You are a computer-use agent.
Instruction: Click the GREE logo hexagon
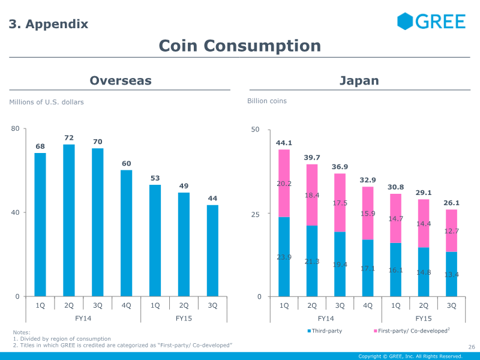click(x=405, y=21)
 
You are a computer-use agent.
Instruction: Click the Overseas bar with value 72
click(x=69, y=220)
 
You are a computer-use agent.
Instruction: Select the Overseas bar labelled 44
click(x=212, y=251)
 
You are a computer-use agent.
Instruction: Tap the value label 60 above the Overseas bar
click(x=127, y=163)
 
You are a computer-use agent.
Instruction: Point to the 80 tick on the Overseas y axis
click(x=15, y=128)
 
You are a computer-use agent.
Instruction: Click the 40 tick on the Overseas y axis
click(x=15, y=212)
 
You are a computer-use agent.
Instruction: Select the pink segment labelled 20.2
click(x=284, y=183)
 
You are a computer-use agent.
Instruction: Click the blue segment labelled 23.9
click(x=284, y=257)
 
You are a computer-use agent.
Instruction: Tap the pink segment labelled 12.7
click(x=452, y=231)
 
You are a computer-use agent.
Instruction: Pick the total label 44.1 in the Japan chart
click(x=284, y=143)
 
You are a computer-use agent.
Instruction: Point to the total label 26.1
click(x=452, y=203)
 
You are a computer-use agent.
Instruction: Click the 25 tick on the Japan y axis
click(x=256, y=214)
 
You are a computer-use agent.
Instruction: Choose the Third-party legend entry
click(x=325, y=331)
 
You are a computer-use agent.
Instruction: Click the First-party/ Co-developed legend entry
click(x=412, y=331)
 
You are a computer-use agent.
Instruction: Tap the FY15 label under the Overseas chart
click(x=184, y=319)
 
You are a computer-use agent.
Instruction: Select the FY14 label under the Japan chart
click(x=326, y=319)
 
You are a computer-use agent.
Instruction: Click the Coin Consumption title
click(x=239, y=46)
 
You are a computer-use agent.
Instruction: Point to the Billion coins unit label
click(x=267, y=101)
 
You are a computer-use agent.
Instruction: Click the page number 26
click(x=472, y=347)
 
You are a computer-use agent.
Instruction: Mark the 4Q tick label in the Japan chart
click(x=368, y=305)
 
